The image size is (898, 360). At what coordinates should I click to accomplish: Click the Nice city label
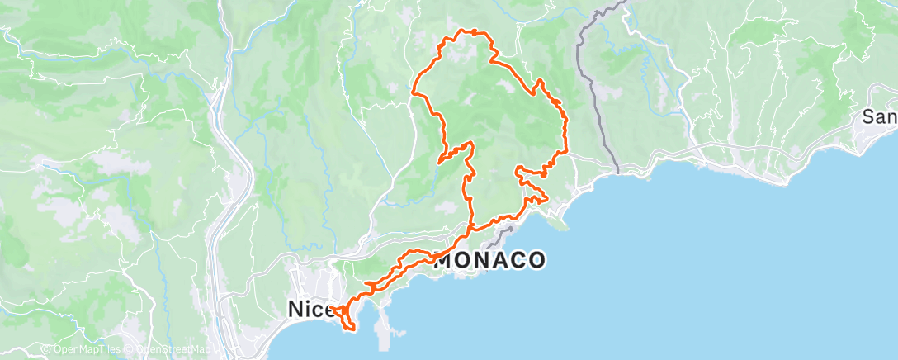click(x=309, y=310)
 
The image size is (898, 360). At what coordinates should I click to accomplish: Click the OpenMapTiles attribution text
click(x=85, y=350)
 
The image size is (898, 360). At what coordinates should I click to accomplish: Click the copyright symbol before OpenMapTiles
click(x=45, y=350)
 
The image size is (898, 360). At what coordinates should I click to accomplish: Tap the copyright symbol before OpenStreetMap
click(x=130, y=350)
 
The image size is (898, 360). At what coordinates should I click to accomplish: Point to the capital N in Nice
click(x=295, y=310)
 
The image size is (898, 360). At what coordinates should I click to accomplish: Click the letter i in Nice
click(x=308, y=310)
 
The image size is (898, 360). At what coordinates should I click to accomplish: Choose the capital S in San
click(x=869, y=117)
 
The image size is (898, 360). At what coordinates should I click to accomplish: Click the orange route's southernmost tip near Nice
click(x=353, y=329)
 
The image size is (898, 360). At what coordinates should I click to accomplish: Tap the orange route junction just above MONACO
click(x=471, y=229)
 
